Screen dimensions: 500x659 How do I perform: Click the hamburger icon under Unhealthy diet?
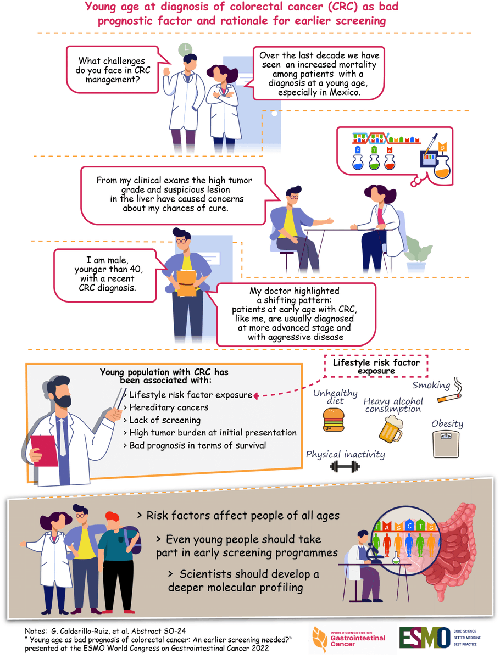(x=334, y=419)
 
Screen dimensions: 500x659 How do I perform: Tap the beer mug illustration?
(x=391, y=429)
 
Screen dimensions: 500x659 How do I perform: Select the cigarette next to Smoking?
(x=449, y=398)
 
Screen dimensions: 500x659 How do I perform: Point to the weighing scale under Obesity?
(x=446, y=444)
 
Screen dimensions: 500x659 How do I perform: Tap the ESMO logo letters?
(x=425, y=638)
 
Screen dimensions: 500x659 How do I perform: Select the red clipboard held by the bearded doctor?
(x=45, y=451)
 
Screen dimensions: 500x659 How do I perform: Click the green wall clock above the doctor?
(x=185, y=50)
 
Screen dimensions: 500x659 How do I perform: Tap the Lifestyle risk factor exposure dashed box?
(x=376, y=366)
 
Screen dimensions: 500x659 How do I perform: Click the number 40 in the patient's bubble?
(x=136, y=269)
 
